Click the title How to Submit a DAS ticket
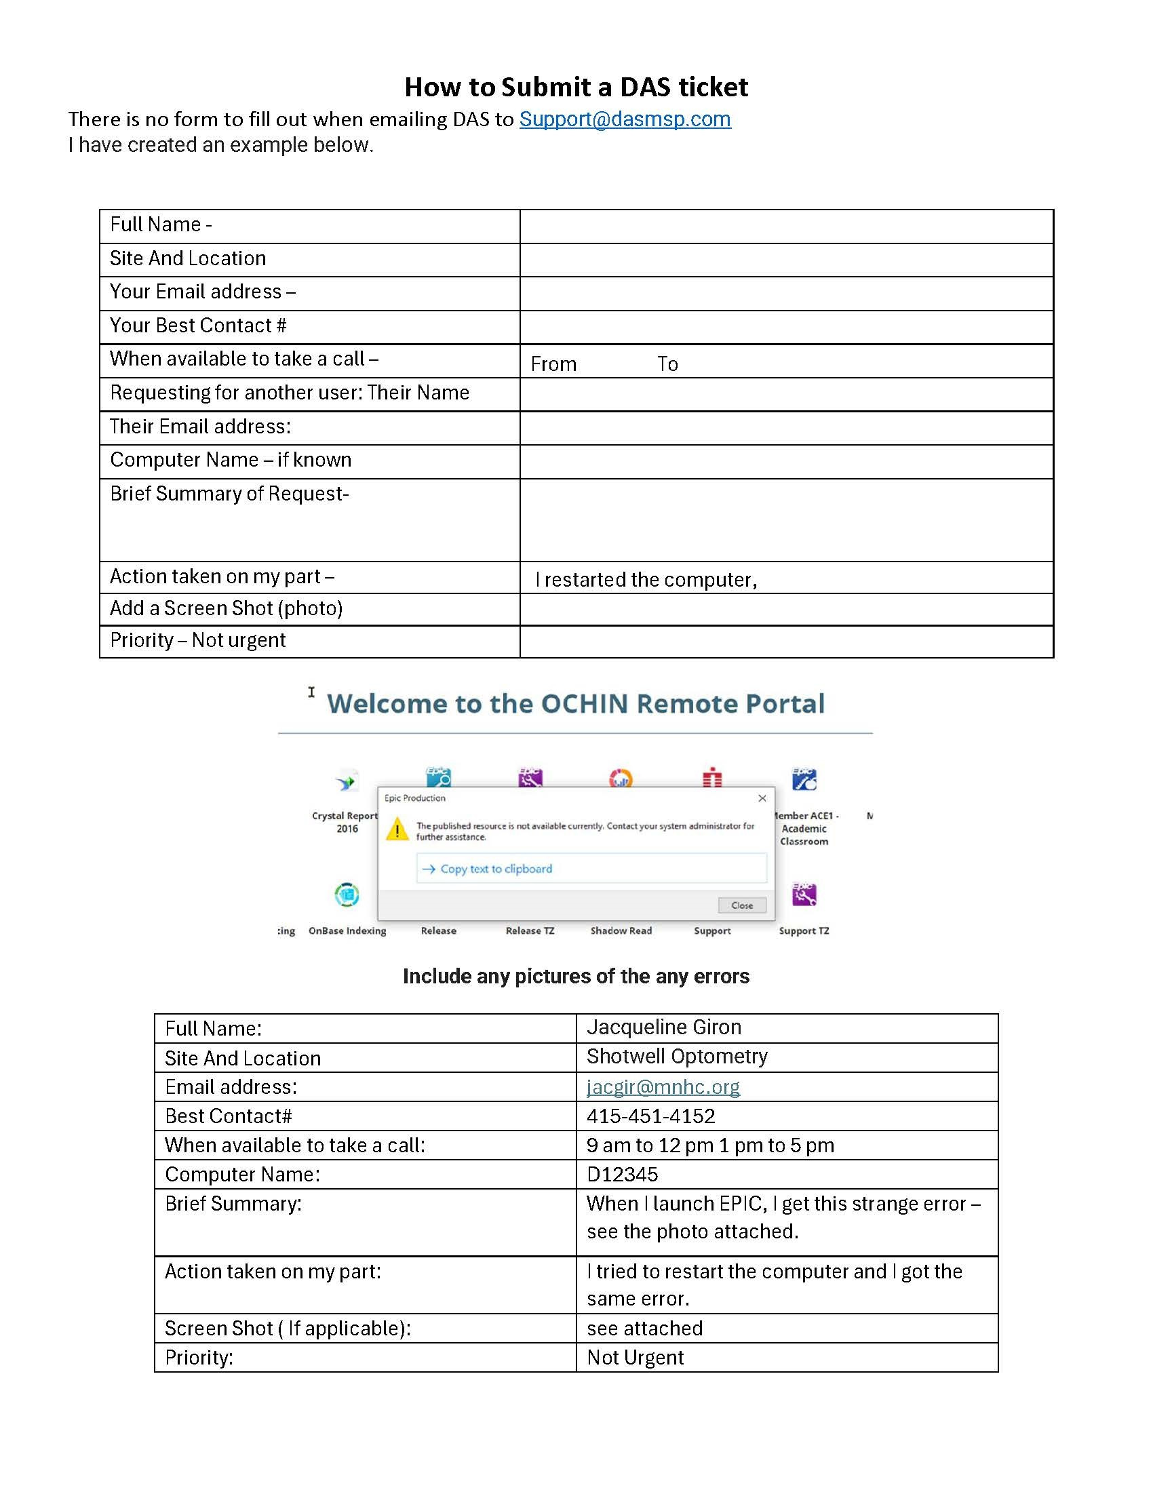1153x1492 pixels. tap(576, 87)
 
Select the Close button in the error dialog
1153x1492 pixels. tap(742, 905)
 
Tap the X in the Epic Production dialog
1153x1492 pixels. tap(762, 798)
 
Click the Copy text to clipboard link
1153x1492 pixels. tap(495, 869)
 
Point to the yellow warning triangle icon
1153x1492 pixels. tap(397, 830)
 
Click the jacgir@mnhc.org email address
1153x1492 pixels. tap(663, 1087)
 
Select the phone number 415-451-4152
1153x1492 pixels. tap(650, 1116)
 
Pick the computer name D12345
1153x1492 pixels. tap(622, 1175)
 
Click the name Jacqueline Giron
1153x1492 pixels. tap(663, 1027)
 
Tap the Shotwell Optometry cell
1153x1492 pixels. tap(677, 1057)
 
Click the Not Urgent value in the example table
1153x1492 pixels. tap(635, 1358)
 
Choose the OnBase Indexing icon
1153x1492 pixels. tap(347, 895)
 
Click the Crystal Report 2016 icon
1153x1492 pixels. tap(347, 781)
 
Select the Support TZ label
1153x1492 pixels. tap(804, 930)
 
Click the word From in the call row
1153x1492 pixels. tap(553, 364)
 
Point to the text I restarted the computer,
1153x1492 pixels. tap(646, 580)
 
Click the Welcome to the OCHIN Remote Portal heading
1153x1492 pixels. tap(576, 704)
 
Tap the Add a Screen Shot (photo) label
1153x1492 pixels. tap(226, 608)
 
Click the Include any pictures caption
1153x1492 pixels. tap(576, 976)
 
